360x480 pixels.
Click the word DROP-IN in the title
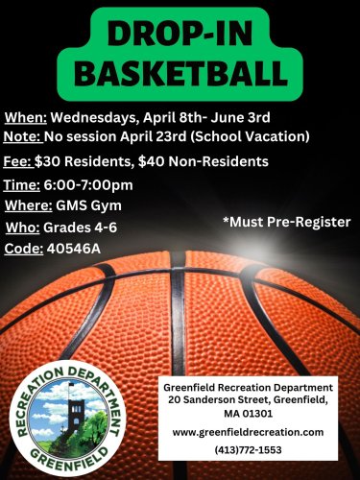(x=180, y=34)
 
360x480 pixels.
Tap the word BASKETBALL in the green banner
(x=180, y=73)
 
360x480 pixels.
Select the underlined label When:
(x=26, y=117)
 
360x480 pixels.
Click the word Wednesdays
(x=93, y=118)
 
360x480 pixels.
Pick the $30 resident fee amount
(x=47, y=161)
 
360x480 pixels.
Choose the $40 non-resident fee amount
(x=152, y=161)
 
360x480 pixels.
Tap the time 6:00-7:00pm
(x=88, y=185)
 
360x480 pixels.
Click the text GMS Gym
(x=88, y=205)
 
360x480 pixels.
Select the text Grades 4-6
(x=80, y=228)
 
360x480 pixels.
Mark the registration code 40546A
(x=74, y=249)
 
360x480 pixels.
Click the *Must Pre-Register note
(x=287, y=222)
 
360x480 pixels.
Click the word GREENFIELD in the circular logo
(x=69, y=458)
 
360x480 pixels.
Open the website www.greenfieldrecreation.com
(x=248, y=432)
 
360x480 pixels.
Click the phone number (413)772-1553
(x=249, y=450)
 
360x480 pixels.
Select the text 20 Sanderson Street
(x=220, y=400)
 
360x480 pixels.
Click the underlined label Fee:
(x=18, y=161)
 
